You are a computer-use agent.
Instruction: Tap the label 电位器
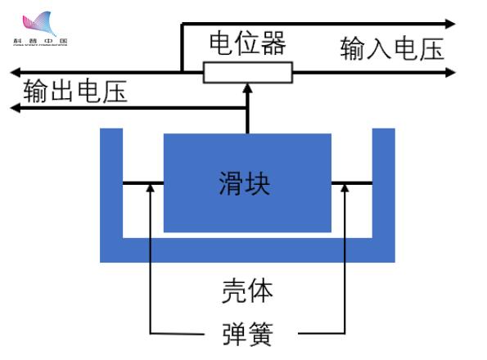tap(247, 43)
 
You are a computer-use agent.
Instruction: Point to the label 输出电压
tap(75, 90)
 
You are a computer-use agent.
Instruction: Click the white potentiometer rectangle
tap(247, 73)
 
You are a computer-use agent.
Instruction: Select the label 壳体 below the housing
tap(247, 290)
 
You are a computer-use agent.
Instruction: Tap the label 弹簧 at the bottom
tap(247, 334)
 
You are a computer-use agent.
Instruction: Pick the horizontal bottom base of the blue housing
tap(247, 250)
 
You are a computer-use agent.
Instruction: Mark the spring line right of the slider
tap(352, 183)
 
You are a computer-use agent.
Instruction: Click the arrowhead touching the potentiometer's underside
tap(247, 89)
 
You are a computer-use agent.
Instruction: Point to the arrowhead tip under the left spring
tap(150, 187)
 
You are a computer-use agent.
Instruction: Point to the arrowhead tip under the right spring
tap(345, 187)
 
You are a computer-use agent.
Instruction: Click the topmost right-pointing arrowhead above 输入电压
tap(451, 24)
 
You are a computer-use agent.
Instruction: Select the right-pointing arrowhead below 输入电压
tap(451, 73)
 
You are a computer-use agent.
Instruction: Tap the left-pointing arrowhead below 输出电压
tap(11, 106)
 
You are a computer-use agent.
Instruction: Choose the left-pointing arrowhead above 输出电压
tap(11, 73)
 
